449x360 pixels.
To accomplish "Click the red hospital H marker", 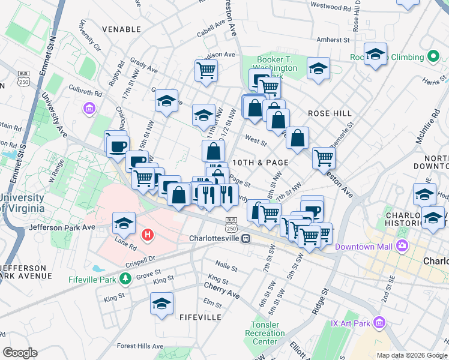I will click(x=146, y=233).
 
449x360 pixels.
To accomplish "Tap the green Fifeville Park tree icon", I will click(x=125, y=278).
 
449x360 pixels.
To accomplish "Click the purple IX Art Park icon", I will click(x=378, y=323).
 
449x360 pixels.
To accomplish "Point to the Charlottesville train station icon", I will click(x=246, y=238).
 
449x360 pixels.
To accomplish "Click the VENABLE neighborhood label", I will click(x=121, y=29).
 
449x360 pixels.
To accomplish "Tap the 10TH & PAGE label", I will click(x=261, y=163).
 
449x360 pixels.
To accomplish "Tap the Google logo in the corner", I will click(x=20, y=353).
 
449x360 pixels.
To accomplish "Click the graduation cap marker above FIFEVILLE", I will click(x=161, y=304).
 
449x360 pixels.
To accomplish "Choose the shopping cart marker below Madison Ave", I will click(x=206, y=70).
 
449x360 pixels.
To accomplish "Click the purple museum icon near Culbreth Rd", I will click(x=89, y=109).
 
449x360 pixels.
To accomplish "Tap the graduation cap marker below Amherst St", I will click(x=375, y=55).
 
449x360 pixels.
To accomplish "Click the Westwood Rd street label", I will click(x=330, y=8).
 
